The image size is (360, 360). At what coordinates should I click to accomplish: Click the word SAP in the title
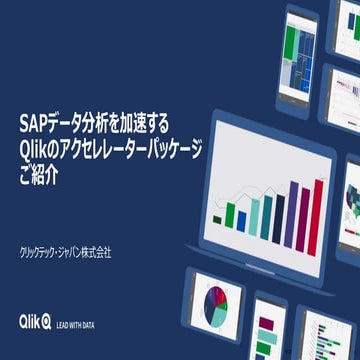pos(31,123)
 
